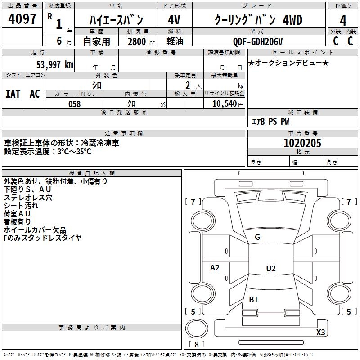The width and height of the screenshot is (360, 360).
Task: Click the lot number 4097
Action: (x=22, y=19)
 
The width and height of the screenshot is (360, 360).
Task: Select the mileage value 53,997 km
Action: (x=55, y=65)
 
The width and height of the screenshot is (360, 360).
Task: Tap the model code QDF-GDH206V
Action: (x=258, y=41)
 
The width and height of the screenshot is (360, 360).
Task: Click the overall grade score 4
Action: (x=343, y=20)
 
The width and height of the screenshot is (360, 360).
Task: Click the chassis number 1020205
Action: (x=302, y=143)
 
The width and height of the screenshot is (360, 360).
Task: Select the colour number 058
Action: (x=75, y=104)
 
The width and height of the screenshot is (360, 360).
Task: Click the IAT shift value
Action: (x=13, y=94)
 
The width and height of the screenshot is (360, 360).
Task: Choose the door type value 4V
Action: (x=174, y=20)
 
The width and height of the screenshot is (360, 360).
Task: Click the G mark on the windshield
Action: (x=257, y=237)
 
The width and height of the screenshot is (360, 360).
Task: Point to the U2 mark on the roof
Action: (x=271, y=268)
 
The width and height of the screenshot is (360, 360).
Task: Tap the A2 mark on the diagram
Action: (x=215, y=267)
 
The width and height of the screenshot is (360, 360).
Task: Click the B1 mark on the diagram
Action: (x=253, y=299)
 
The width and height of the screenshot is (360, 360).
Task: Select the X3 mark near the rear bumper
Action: (x=320, y=332)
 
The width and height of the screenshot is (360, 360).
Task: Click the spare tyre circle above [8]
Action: (x=197, y=328)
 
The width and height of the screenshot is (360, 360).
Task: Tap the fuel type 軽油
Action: (x=175, y=41)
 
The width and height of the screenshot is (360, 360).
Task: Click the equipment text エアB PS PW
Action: (x=270, y=121)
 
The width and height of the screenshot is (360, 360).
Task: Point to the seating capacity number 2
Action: (x=188, y=85)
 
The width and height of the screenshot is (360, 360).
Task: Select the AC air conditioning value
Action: (x=35, y=94)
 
